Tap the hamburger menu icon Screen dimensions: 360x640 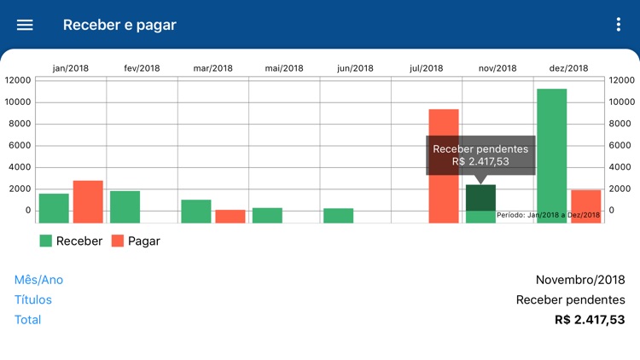coord(25,25)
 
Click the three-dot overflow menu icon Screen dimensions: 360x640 coord(619,25)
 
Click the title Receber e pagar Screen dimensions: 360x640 coord(119,25)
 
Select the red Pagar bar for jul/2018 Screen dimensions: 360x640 coord(443,165)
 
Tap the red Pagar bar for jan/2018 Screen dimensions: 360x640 coord(88,201)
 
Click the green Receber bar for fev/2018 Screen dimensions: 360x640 coord(125,206)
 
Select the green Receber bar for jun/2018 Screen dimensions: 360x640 coord(338,215)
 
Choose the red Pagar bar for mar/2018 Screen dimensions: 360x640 coord(230,216)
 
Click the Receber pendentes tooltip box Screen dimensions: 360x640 coord(480,154)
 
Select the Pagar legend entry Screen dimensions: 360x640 coord(136,241)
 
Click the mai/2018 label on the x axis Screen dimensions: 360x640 coord(284,68)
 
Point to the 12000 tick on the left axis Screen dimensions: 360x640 coord(17,80)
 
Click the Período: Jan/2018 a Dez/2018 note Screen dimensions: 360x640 coord(548,215)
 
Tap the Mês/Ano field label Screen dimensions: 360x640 coord(38,280)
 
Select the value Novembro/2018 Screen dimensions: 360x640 coord(580,280)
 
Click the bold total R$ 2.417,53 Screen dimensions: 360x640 coord(590,320)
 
